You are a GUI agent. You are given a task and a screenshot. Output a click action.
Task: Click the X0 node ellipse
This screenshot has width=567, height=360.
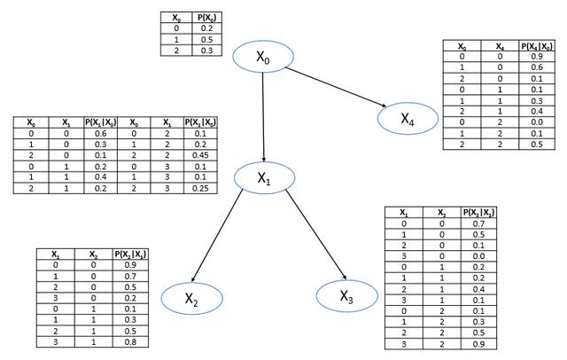pos(263,58)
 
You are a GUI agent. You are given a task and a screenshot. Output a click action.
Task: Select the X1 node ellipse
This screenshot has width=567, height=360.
pos(264,176)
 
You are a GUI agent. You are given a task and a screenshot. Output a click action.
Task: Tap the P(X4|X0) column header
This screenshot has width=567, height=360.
pos(536,45)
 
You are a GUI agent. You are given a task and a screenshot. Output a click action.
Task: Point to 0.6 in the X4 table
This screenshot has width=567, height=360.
pos(537,67)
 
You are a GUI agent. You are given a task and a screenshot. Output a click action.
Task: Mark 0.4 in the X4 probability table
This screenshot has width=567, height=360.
pos(537,110)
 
